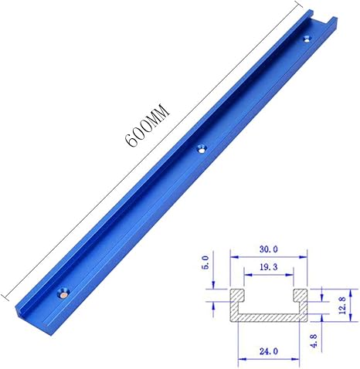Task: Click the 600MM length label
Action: (147, 125)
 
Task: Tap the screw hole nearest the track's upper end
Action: (307, 39)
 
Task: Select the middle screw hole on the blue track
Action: (202, 148)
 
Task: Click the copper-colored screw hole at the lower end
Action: (63, 293)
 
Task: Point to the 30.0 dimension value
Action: (269, 249)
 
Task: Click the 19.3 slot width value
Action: (269, 267)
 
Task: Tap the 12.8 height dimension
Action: (342, 305)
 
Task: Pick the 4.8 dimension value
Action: (314, 340)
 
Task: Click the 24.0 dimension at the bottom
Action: (269, 351)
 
